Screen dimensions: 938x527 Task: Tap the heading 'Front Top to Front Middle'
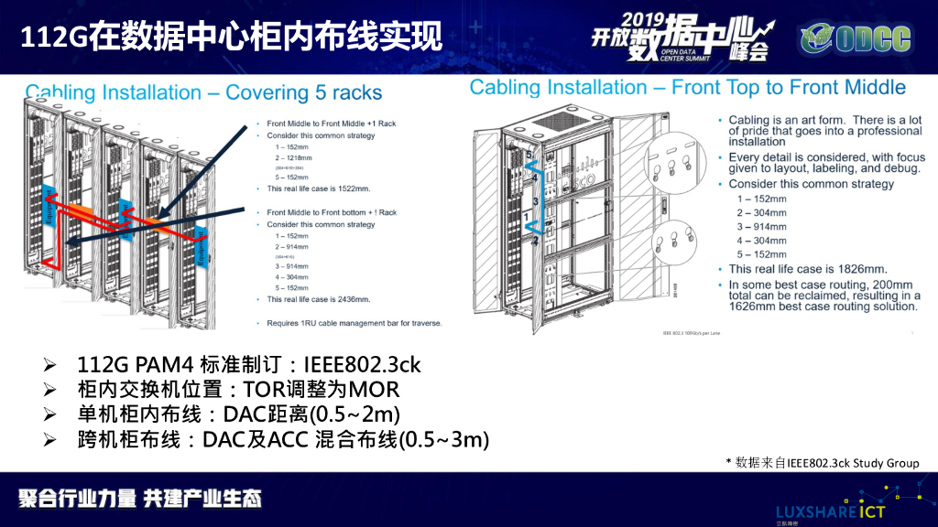point(789,88)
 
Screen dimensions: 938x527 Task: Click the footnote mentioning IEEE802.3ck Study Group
point(823,462)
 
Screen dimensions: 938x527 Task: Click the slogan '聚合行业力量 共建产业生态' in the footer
point(140,499)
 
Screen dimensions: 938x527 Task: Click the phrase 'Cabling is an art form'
point(789,120)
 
